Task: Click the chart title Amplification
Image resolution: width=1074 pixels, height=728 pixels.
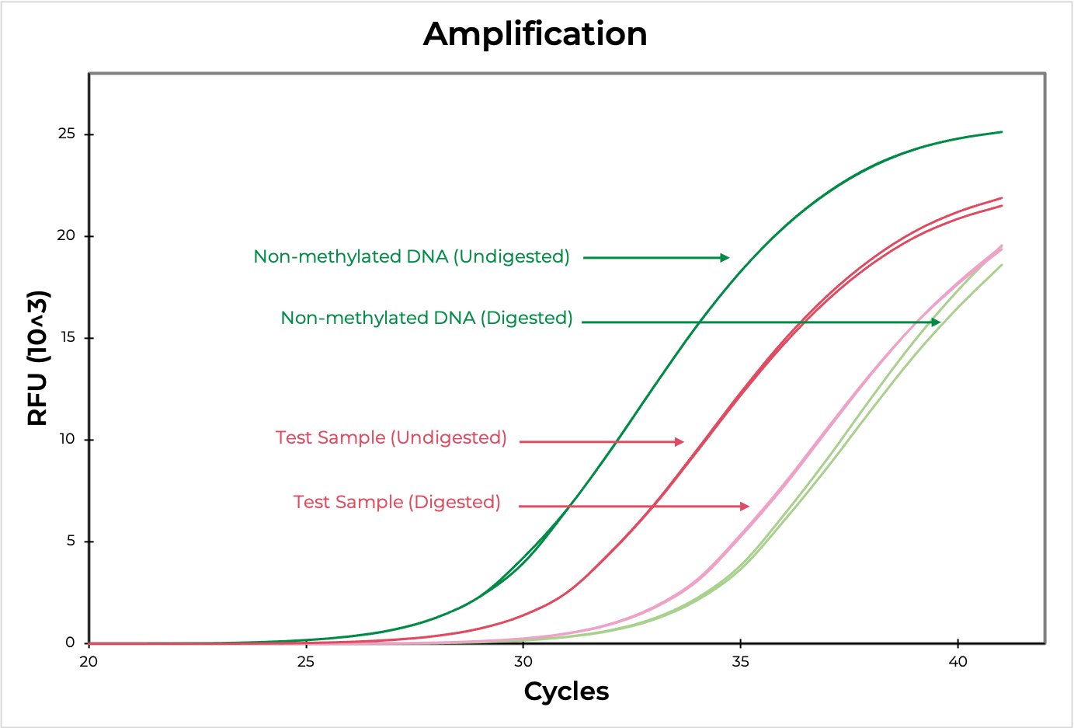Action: click(x=535, y=34)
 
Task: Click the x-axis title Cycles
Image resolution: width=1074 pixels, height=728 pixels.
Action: click(x=566, y=691)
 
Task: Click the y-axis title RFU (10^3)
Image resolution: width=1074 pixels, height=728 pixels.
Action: click(x=38, y=357)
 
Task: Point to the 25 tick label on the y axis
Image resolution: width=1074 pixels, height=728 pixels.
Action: click(x=67, y=134)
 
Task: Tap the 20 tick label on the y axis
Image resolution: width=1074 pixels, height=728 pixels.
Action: click(x=67, y=235)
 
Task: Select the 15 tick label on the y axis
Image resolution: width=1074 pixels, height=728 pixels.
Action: click(x=68, y=338)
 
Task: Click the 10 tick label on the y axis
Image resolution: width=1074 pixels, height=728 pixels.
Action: click(x=68, y=439)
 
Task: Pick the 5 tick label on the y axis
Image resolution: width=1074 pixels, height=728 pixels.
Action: click(x=71, y=541)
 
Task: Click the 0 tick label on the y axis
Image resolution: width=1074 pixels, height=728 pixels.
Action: click(x=71, y=643)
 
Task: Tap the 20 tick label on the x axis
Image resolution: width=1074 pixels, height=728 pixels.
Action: click(x=89, y=662)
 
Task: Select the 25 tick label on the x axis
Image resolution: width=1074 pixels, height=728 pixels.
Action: click(x=306, y=662)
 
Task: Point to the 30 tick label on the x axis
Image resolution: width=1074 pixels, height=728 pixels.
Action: click(x=523, y=662)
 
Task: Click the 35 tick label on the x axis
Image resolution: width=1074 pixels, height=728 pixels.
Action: click(x=740, y=662)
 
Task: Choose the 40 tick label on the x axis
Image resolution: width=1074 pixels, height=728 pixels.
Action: click(x=958, y=662)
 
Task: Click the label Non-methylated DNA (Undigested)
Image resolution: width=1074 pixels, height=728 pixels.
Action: click(x=412, y=257)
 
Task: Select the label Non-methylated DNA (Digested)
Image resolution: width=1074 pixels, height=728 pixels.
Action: click(x=426, y=319)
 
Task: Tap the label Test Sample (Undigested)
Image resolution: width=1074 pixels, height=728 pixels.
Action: click(x=391, y=438)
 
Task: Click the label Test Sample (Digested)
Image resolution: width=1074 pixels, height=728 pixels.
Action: click(x=397, y=503)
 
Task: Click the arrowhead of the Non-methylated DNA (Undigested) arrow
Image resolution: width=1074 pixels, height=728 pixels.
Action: click(x=725, y=258)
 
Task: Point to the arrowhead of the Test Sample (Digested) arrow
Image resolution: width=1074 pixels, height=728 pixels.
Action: click(x=745, y=507)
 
